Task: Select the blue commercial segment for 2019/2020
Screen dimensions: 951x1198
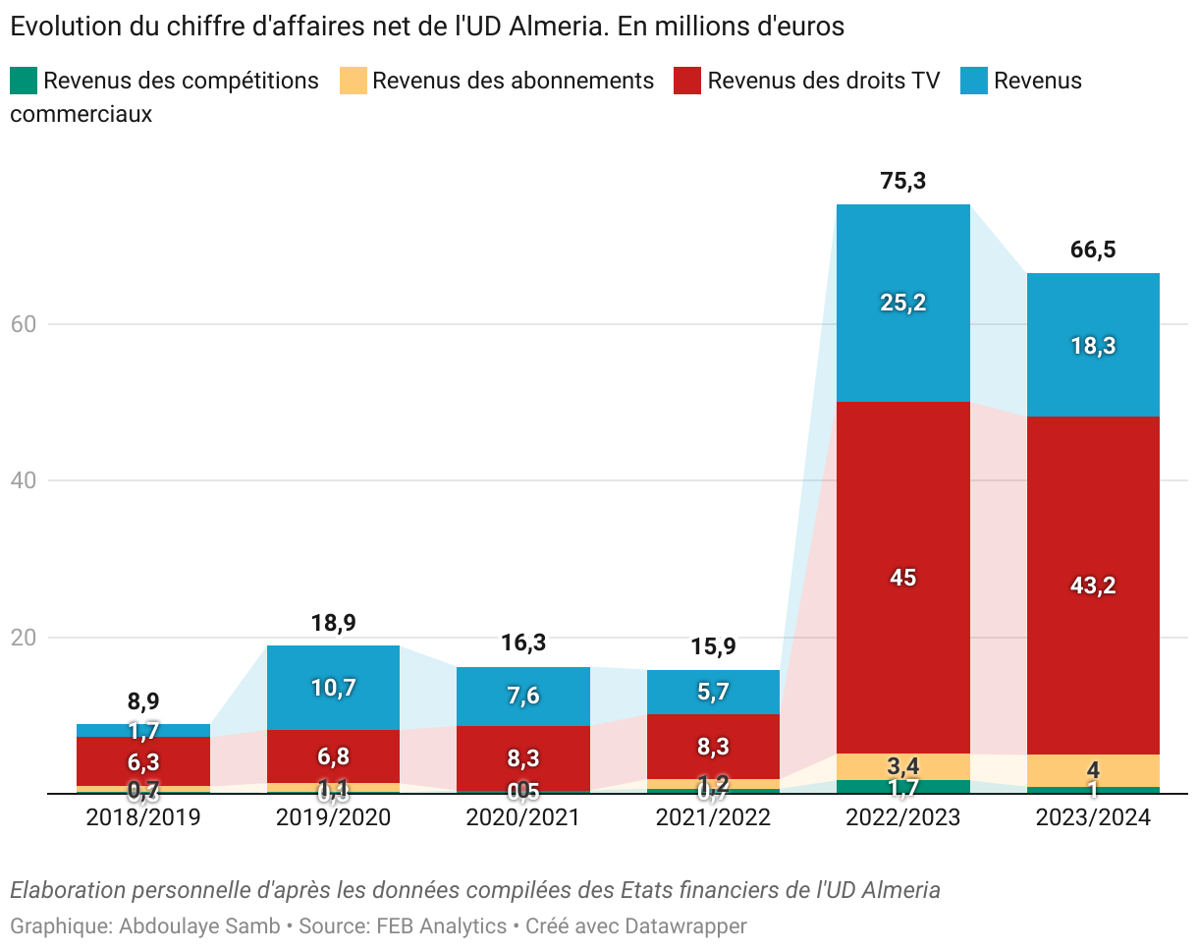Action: pyautogui.click(x=333, y=688)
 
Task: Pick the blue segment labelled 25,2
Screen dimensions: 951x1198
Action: pyautogui.click(x=902, y=303)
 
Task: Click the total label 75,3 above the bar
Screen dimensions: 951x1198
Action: pyautogui.click(x=903, y=182)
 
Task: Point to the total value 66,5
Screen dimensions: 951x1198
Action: pyautogui.click(x=1093, y=251)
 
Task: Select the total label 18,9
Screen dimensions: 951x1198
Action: pyautogui.click(x=333, y=623)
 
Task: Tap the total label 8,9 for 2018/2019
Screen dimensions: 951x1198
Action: pyautogui.click(x=143, y=701)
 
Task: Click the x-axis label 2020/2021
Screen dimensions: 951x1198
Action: pyautogui.click(x=522, y=817)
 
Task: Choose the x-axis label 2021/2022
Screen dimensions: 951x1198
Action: pyautogui.click(x=713, y=817)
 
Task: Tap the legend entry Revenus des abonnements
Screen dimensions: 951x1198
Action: pyautogui.click(x=513, y=81)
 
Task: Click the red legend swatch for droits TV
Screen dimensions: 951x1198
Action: pyautogui.click(x=687, y=81)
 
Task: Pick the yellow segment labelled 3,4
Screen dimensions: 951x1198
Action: pyautogui.click(x=902, y=765)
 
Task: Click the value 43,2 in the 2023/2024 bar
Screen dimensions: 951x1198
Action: pyautogui.click(x=1093, y=586)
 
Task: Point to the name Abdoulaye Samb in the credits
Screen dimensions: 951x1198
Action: pyautogui.click(x=199, y=925)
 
